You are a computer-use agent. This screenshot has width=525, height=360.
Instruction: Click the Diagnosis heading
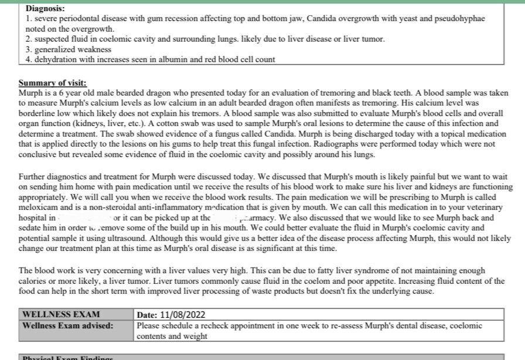click(46, 9)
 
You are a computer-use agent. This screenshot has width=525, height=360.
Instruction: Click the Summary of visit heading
click(53, 83)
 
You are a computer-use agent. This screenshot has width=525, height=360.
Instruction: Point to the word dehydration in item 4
click(55, 59)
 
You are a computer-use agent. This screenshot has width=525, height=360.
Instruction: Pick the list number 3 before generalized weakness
click(28, 49)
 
